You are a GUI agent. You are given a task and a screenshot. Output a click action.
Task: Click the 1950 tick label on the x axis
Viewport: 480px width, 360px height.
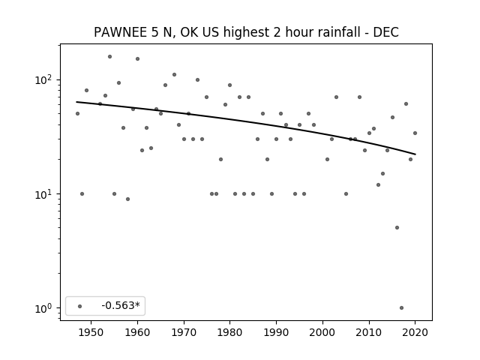click(91, 332)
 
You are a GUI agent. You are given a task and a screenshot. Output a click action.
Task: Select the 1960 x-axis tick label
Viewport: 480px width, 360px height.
click(137, 332)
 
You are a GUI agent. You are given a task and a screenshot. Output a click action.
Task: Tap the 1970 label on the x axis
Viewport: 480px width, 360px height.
click(184, 332)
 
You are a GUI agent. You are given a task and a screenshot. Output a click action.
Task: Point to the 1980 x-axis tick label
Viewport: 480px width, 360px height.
click(230, 332)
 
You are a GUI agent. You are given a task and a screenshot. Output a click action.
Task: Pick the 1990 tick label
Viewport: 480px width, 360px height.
click(276, 332)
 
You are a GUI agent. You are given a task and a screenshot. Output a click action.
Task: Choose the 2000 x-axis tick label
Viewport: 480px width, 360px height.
click(322, 332)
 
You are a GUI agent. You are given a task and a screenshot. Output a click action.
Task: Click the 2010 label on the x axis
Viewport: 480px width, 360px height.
click(369, 332)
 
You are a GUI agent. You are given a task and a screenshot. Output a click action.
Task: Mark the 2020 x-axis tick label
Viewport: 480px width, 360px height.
click(415, 332)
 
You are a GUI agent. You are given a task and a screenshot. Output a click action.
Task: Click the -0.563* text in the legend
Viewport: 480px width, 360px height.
click(121, 305)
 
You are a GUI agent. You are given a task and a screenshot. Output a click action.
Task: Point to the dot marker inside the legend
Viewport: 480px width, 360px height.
click(80, 306)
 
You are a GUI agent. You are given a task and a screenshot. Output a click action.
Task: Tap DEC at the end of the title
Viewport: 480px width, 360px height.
click(385, 32)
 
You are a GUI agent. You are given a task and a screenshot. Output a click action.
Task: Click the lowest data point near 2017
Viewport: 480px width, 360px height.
click(402, 308)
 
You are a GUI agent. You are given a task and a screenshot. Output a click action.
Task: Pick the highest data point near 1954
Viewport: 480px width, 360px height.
click(110, 57)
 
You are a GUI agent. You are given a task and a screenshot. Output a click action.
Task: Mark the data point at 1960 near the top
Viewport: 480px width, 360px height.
click(138, 58)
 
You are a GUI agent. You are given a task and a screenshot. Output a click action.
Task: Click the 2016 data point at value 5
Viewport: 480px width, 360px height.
click(397, 228)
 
